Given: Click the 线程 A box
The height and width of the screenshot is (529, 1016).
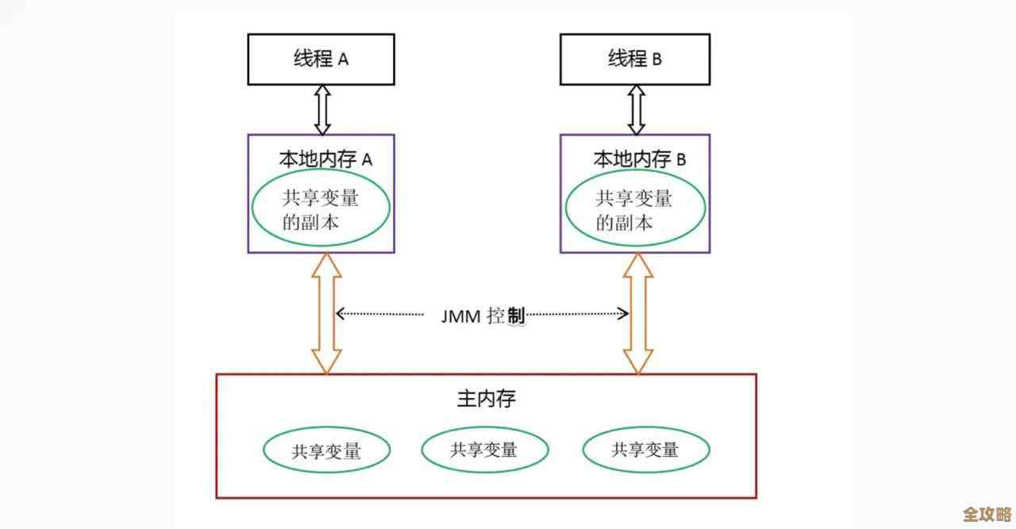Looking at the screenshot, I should [x=321, y=59].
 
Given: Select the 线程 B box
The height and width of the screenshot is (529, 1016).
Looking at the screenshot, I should [x=634, y=59].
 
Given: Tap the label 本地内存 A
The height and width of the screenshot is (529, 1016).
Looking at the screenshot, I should [x=325, y=159].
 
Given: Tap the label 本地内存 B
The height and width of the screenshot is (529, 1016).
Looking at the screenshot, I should [x=639, y=159].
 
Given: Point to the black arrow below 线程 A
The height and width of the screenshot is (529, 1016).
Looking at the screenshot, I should [x=321, y=109].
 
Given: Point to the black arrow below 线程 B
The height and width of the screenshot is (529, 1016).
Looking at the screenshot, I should [x=637, y=109].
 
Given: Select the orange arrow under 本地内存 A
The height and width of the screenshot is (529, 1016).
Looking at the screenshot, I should [x=325, y=313].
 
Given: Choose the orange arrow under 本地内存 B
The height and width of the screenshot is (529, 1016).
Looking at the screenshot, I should [x=638, y=313].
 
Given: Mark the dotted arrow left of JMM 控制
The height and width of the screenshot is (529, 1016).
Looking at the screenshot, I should [x=379, y=314].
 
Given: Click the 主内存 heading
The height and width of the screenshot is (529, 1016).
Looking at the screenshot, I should [x=486, y=398].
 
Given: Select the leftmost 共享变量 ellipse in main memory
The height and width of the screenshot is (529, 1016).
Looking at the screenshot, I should [x=326, y=451].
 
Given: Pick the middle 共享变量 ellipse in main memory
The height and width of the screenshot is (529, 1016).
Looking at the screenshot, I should [x=484, y=450].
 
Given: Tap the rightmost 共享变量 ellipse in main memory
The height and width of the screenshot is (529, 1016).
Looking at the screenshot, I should [x=645, y=450].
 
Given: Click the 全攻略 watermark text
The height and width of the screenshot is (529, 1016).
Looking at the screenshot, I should [x=987, y=513].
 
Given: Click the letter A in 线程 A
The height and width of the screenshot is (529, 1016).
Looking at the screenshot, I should [x=343, y=59].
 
